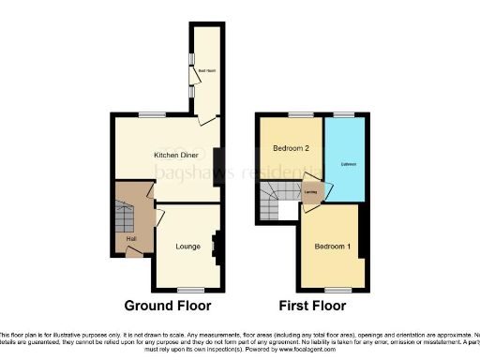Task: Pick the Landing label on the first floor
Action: [x=310, y=193]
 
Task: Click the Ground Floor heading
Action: [x=168, y=306]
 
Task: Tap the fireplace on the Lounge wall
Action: [x=216, y=245]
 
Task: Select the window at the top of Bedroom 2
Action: [x=299, y=114]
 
